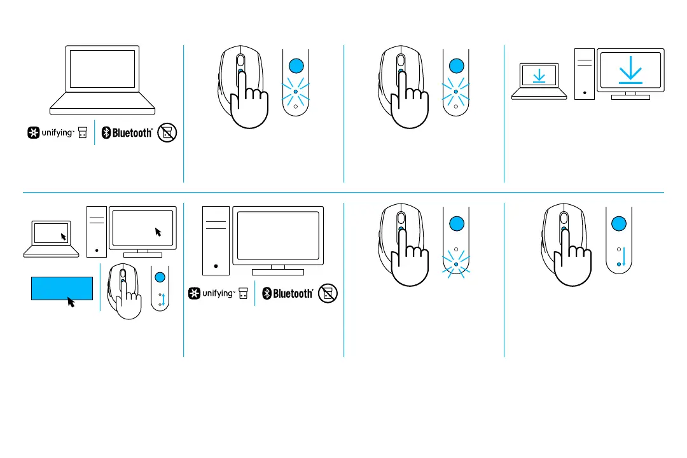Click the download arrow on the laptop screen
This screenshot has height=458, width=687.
539,76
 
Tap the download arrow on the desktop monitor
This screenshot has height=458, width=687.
630,71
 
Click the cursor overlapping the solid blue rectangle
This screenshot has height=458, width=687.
71,302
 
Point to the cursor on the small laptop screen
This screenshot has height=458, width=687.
64,236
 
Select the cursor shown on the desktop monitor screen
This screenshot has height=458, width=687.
158,232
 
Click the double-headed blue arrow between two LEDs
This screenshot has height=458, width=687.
165,300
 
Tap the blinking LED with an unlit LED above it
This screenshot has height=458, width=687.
455,264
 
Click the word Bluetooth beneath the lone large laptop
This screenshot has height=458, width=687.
132,133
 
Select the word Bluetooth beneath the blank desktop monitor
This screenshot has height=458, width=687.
293,293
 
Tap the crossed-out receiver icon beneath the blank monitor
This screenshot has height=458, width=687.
329,293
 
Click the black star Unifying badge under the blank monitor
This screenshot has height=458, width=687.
193,293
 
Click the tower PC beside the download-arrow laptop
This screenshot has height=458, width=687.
584,74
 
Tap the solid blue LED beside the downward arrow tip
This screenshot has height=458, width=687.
618,263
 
